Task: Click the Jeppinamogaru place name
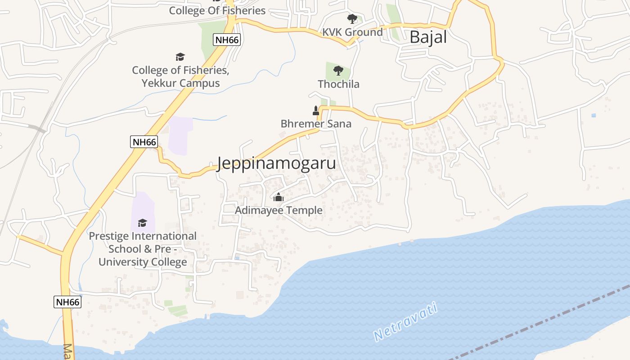coord(276,163)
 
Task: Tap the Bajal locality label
coord(428,37)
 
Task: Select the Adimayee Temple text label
coord(279,210)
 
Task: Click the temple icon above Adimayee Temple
coord(279,197)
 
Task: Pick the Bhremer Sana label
coord(316,124)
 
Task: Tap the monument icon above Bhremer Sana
coord(316,111)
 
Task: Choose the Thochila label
coord(338,84)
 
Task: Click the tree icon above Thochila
coord(338,71)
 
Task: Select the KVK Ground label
coord(352,32)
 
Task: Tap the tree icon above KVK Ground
coord(352,19)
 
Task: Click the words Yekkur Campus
coord(180,83)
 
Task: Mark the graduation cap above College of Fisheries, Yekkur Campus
coord(180,57)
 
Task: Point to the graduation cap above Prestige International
coord(143,223)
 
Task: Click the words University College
coord(143,262)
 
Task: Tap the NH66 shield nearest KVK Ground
coord(227,40)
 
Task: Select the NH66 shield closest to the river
coord(67,301)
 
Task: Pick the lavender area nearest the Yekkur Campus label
coord(180,135)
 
